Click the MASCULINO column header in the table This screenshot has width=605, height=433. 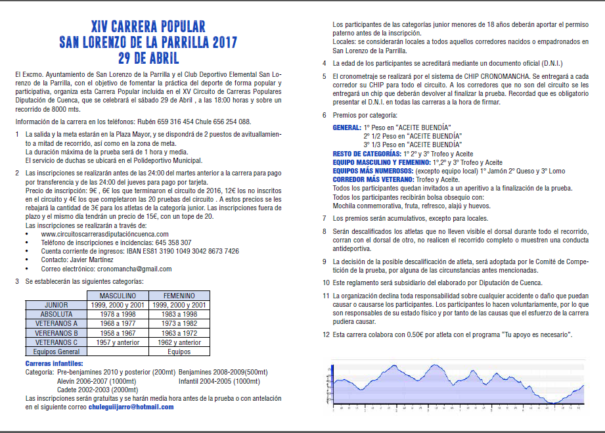click(118, 296)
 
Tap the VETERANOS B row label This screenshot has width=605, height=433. click(56, 333)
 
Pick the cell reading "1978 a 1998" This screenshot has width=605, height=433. click(118, 315)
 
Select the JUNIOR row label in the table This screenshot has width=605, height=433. click(56, 305)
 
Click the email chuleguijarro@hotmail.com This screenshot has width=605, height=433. click(131, 407)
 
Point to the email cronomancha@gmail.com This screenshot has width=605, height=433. click(134, 269)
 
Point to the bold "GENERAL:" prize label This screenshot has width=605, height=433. click(346, 126)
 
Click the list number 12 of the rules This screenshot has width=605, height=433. click(326, 334)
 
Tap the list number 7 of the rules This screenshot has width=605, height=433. click(325, 217)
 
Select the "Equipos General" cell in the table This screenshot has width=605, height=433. click(56, 352)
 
